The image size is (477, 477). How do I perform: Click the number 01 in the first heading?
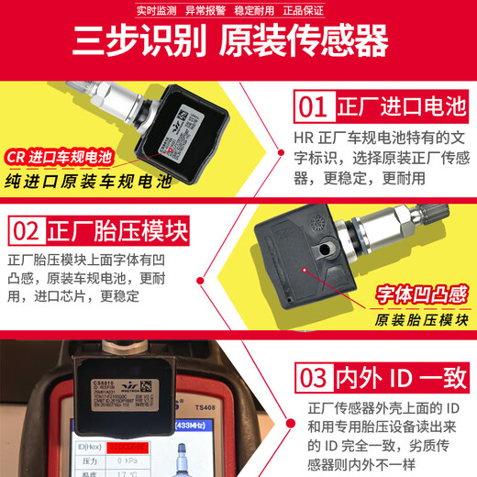point(312,106)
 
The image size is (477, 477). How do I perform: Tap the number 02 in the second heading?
point(28,229)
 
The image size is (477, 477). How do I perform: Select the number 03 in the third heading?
point(312,378)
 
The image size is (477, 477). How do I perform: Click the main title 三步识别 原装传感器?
point(238,41)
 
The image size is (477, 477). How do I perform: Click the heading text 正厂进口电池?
point(385,106)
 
